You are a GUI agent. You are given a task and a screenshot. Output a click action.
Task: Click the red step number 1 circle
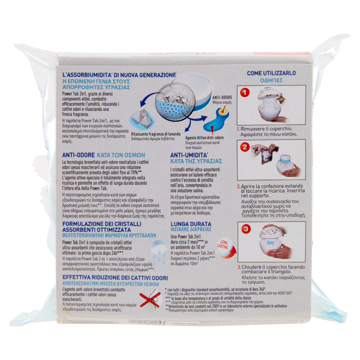245,93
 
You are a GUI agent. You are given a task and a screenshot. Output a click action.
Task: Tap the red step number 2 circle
245,147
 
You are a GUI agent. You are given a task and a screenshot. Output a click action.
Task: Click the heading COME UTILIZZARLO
271,73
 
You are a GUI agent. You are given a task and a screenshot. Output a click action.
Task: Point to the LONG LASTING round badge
222,246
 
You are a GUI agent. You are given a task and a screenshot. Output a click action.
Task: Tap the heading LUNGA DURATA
189,224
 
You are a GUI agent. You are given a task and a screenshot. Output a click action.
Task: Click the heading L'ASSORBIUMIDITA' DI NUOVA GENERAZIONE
119,75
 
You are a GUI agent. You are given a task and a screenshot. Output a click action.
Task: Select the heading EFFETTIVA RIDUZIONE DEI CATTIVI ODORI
110,278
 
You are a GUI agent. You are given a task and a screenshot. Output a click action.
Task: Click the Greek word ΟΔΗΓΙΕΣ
271,80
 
